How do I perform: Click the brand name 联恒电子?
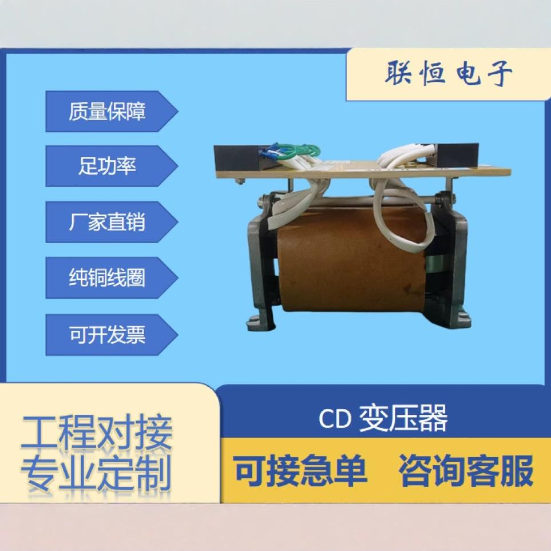tap(448, 74)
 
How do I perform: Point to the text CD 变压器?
tap(383, 418)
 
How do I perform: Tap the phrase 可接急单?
tap(300, 471)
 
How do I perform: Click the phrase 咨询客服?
tap(466, 471)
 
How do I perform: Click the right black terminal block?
tap(456, 155)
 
